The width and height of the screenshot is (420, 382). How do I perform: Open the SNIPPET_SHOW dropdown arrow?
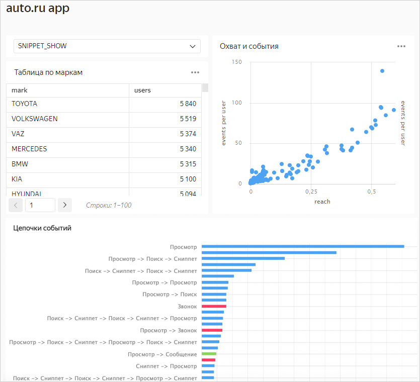[192, 46]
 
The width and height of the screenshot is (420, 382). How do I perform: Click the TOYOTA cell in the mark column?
[24, 104]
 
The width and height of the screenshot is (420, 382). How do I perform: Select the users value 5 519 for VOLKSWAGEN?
[188, 119]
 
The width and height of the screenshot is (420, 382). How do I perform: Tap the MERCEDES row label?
[29, 149]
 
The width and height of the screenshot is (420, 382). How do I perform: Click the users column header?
[142, 90]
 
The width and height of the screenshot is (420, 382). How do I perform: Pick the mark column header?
[20, 90]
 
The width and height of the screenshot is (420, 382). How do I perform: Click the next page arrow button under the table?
[65, 205]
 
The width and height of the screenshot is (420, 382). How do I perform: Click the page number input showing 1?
[40, 205]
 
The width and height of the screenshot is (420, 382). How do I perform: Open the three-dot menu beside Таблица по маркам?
[195, 72]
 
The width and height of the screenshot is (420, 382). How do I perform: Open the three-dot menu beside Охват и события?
[401, 46]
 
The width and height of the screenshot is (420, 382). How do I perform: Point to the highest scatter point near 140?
[382, 71]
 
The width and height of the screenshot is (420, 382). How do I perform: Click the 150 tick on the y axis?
[236, 62]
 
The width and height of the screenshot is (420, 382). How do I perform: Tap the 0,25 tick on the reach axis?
[311, 192]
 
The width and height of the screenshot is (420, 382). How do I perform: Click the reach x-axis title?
[322, 202]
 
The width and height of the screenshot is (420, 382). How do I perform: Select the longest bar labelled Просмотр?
[303, 246]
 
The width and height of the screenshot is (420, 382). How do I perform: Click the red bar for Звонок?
[214, 306]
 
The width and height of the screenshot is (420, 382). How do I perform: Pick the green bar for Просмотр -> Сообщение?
[209, 354]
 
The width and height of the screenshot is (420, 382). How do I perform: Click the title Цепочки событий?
[42, 228]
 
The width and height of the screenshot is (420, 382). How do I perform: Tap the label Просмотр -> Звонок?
[168, 330]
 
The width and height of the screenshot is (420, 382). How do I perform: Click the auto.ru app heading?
[38, 9]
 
